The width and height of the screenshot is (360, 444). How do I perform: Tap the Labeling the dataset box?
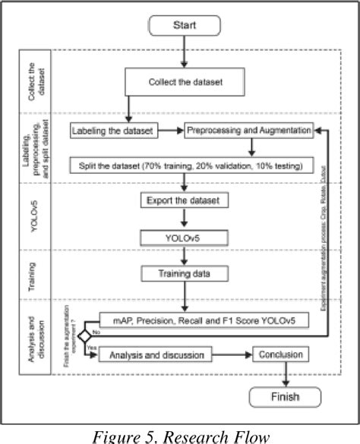114,131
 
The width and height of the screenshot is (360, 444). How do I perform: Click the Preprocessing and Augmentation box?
249,131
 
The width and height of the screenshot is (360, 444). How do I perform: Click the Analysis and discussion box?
156,354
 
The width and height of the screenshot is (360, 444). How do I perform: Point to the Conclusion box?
281,354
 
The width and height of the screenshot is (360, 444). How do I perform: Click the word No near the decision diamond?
96,331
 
